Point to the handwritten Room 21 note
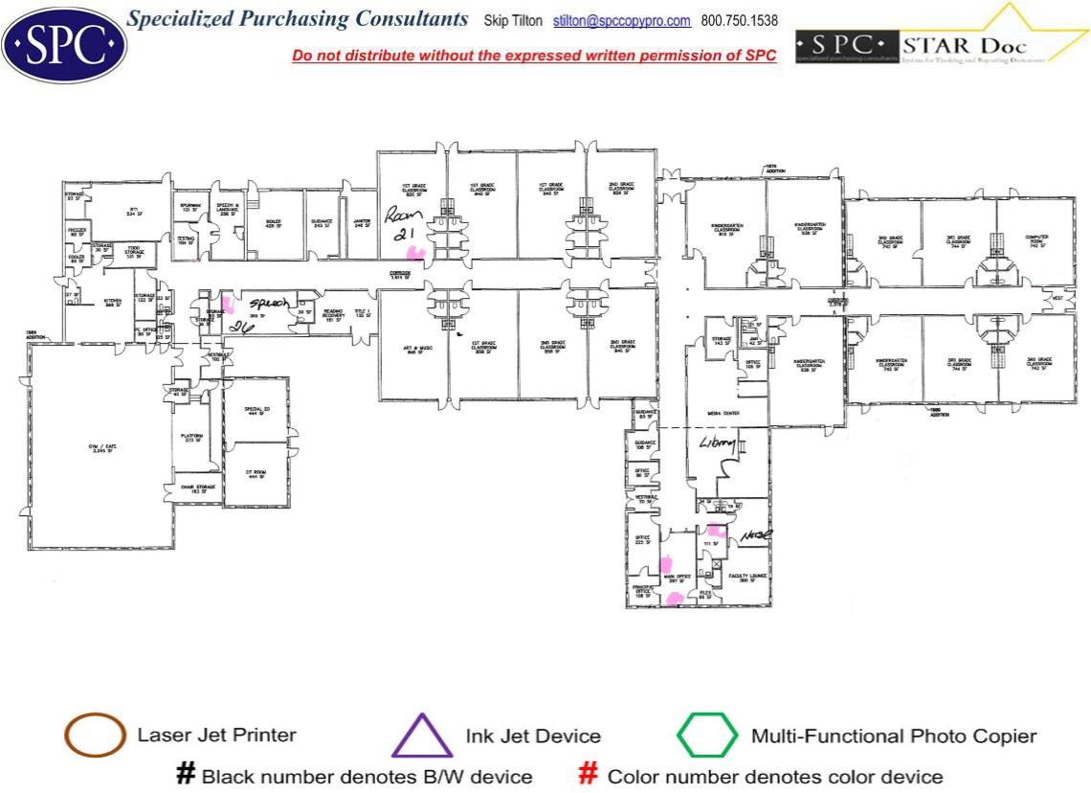pos(403,226)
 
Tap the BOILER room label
pos(273,223)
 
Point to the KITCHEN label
pos(113,303)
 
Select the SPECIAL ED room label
pos(254,411)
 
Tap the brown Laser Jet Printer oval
pos(95,736)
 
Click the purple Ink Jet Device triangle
pos(422,736)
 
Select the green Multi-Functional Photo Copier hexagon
pos(707,736)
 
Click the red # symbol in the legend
pos(590,774)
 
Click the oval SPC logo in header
pos(63,42)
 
